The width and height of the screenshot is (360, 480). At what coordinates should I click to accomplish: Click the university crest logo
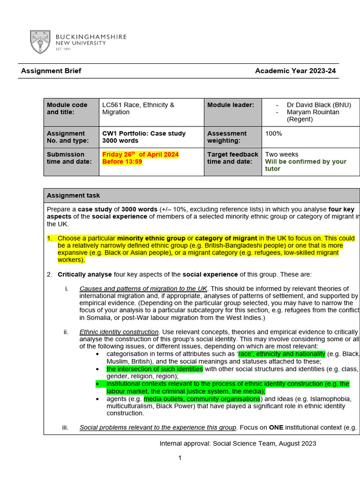click(40, 42)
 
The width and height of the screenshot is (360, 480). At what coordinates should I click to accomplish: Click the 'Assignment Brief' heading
click(51, 71)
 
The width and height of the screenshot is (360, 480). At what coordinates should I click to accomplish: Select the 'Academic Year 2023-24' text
click(295, 71)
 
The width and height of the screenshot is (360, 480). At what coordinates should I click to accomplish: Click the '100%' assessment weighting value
click(274, 134)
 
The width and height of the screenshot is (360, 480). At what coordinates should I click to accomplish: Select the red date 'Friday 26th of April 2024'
click(140, 154)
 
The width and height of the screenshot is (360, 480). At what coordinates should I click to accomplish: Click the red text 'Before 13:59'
click(122, 162)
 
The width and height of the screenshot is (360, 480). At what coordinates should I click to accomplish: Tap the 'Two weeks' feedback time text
click(282, 154)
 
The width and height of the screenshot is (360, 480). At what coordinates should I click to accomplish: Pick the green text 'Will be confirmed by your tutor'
click(306, 165)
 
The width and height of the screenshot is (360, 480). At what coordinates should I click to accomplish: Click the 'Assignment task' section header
click(73, 195)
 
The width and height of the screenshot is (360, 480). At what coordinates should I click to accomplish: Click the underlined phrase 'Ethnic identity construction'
click(119, 332)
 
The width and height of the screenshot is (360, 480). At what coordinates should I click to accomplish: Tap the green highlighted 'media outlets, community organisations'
click(202, 398)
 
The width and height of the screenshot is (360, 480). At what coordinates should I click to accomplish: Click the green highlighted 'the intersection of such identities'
click(155, 369)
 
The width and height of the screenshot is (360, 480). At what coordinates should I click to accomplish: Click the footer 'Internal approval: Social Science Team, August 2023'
click(238, 443)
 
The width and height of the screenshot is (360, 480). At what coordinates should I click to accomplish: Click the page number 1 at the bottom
click(180, 458)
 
